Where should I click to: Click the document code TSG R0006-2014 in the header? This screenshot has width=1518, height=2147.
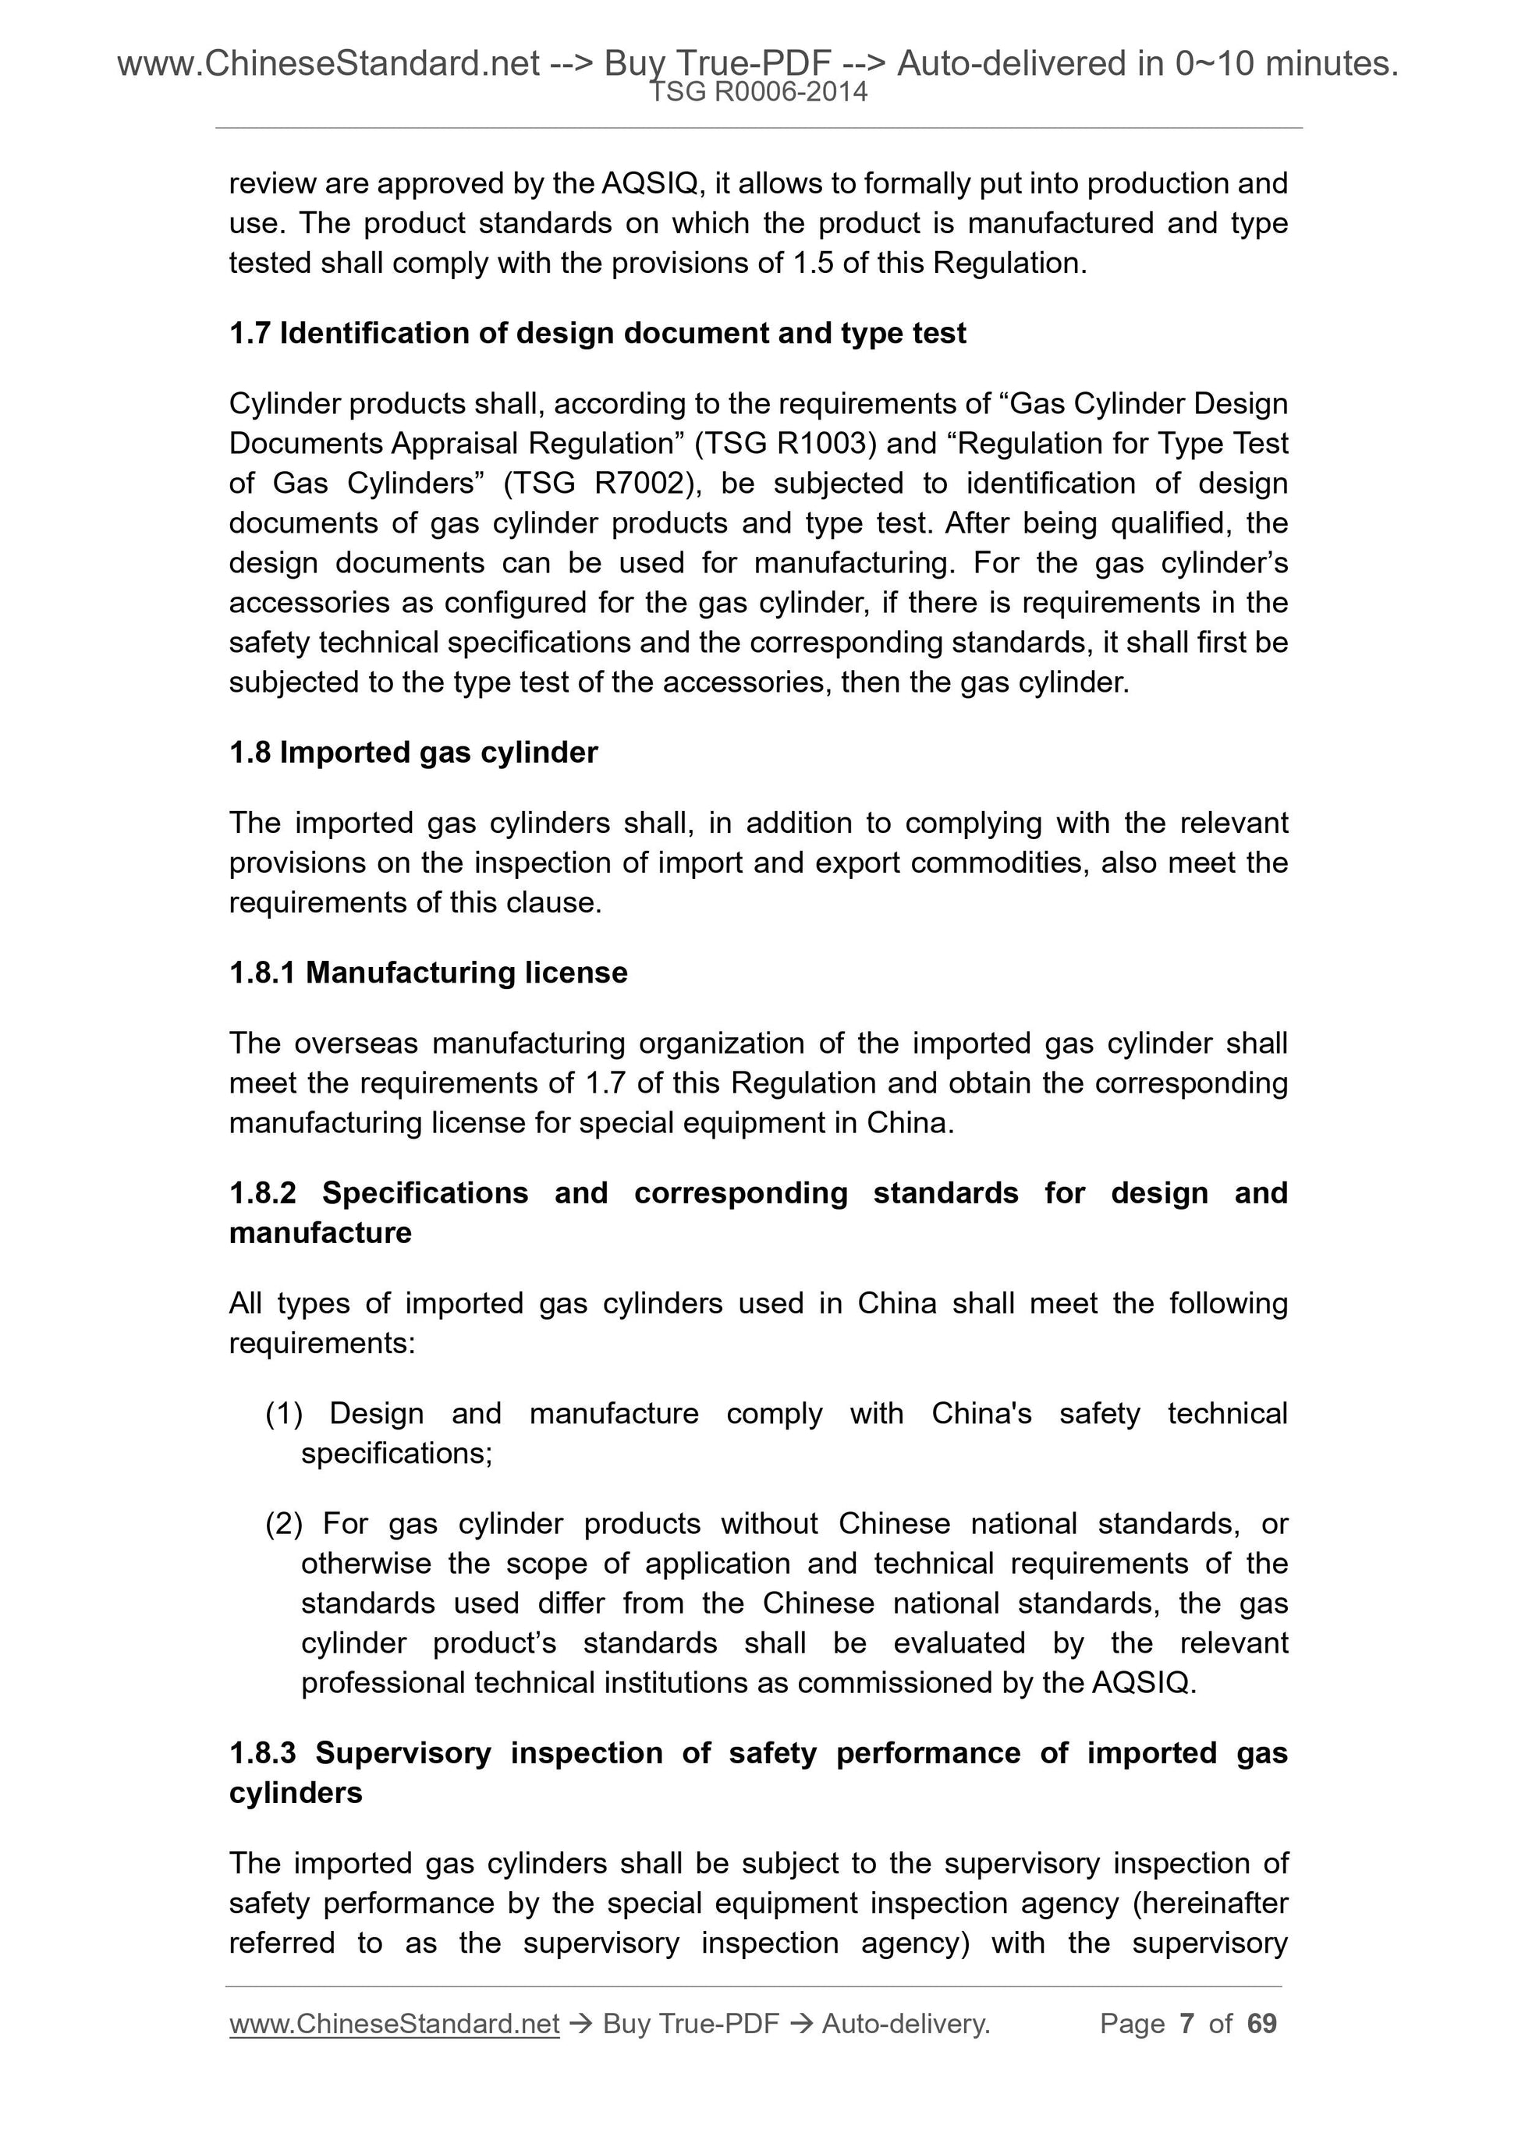pos(757,92)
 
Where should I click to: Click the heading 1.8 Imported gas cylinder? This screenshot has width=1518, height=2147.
pos(413,753)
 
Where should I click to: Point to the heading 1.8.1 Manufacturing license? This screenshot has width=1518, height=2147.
pos(427,973)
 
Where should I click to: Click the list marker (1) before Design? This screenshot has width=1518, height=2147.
pos(283,1414)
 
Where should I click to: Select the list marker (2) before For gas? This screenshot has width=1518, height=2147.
pos(283,1524)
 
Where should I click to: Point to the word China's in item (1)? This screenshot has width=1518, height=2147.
pos(981,1414)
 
